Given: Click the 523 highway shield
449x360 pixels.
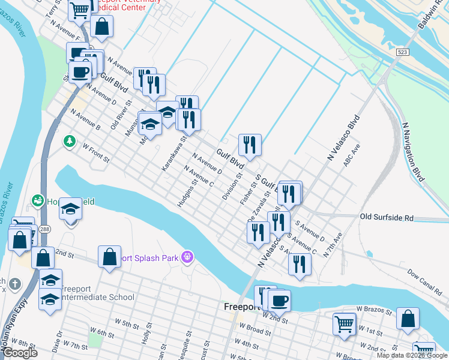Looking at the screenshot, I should click(403, 52).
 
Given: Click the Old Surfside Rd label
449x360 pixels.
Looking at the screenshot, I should click(387, 217).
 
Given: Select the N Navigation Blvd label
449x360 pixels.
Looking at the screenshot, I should click(414, 152).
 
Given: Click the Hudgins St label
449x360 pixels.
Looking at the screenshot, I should click(187, 193).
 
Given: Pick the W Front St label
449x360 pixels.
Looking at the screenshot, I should click(96, 153).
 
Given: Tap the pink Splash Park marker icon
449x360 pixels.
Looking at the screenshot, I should click(188, 257).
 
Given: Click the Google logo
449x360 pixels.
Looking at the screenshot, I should click(20, 353).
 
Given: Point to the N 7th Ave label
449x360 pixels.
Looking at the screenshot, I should click(332, 247).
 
